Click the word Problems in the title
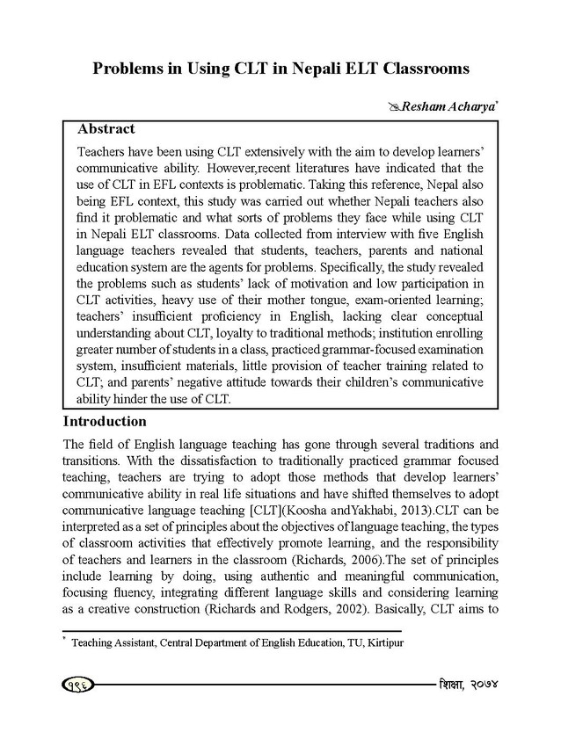tap(134, 68)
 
